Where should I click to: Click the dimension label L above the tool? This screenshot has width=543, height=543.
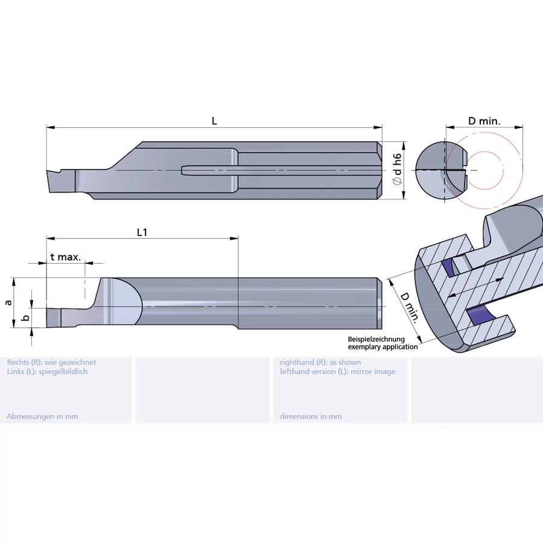tap(214, 121)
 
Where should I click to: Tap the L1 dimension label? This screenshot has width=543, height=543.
tap(142, 232)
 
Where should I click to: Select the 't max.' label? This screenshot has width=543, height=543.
tap(65, 257)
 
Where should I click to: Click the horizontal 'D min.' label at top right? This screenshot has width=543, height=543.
tap(484, 121)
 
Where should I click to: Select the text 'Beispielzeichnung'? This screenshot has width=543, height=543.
tap(376, 340)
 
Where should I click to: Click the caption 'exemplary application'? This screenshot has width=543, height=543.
tap(383, 347)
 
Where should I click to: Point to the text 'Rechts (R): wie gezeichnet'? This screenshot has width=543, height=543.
tap(51, 363)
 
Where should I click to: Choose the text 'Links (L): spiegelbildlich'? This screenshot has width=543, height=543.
tap(47, 372)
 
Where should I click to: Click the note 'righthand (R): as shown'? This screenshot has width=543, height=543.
tap(320, 363)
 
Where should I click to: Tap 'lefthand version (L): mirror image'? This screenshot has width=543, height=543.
tap(337, 372)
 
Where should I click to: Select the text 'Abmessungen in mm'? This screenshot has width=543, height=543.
tap(42, 416)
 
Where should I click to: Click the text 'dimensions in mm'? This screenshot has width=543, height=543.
tap(310, 416)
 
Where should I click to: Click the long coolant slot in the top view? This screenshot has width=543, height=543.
tap(208, 171)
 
